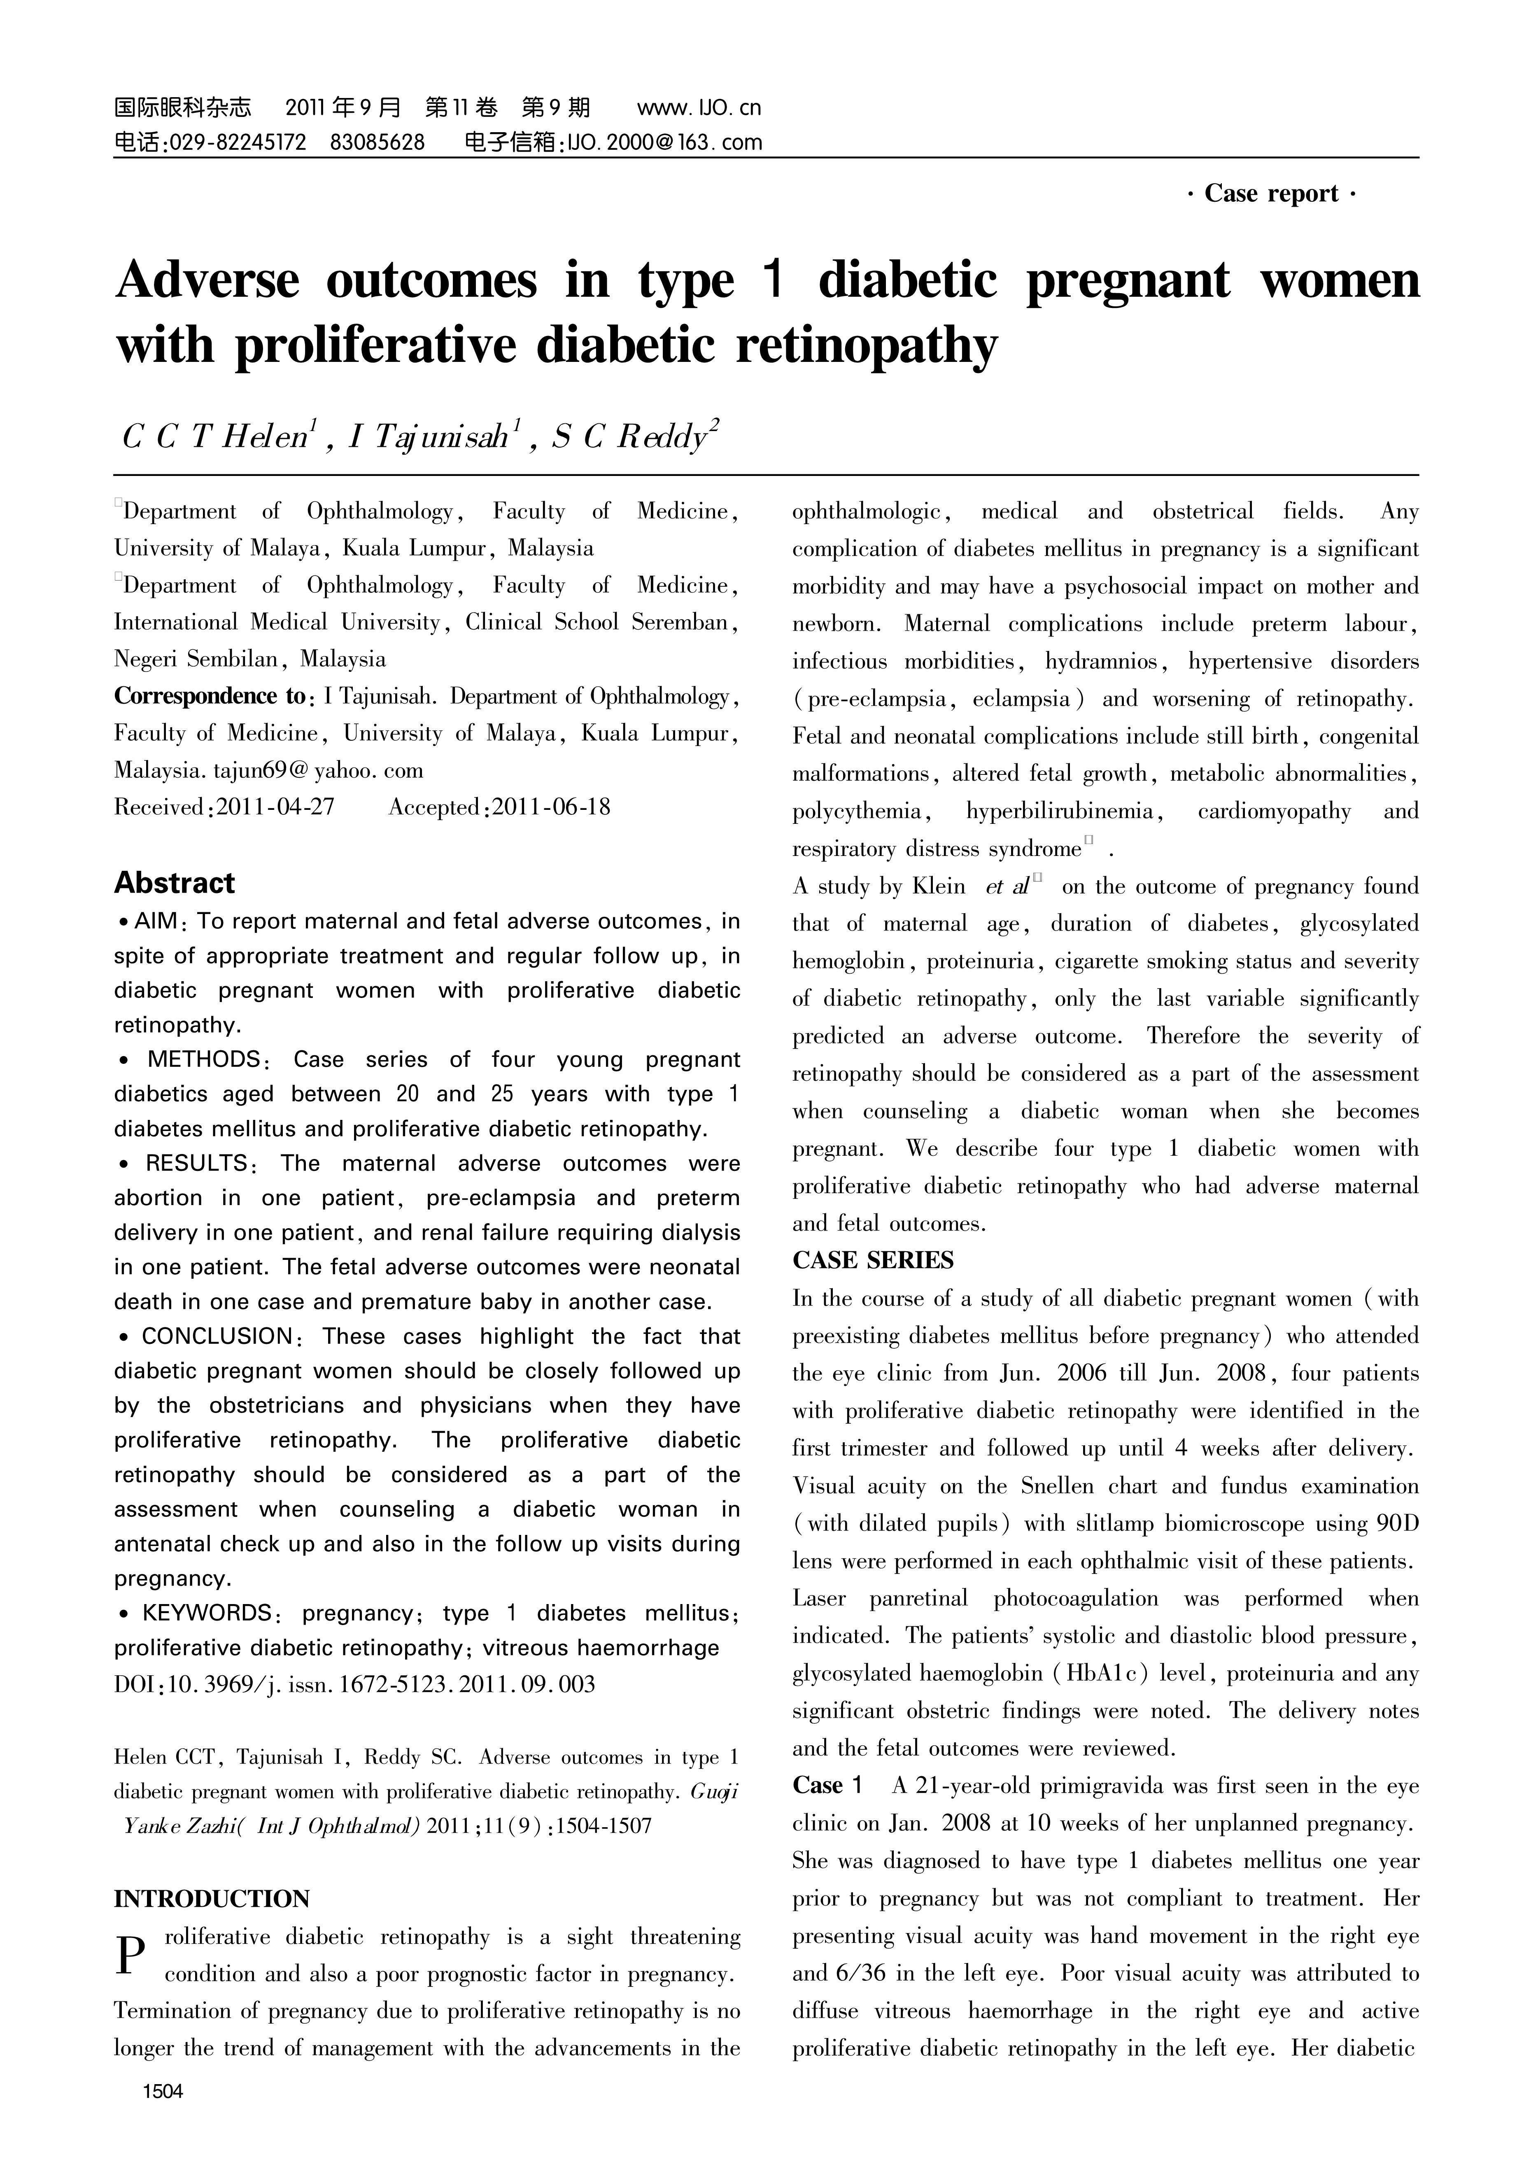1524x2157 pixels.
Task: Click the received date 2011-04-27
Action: [275, 807]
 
